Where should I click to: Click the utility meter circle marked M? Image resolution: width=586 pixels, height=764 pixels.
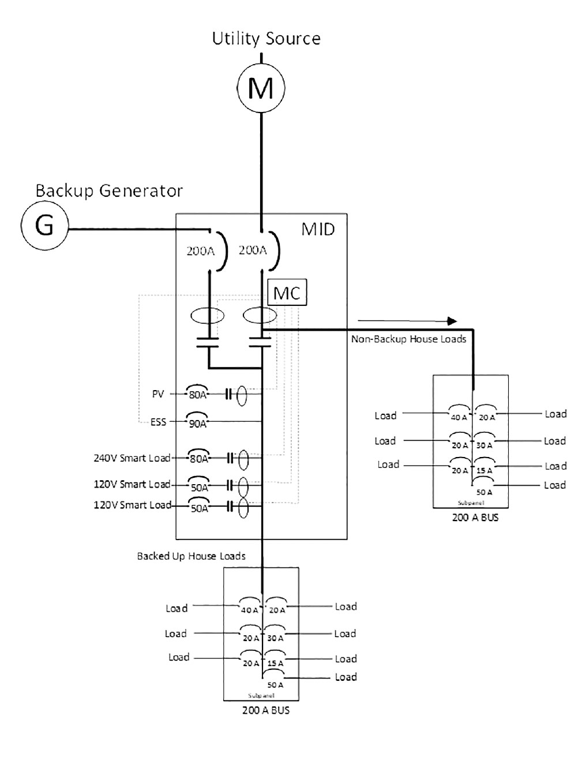[261, 88]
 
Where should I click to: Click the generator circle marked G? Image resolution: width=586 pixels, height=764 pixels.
[45, 225]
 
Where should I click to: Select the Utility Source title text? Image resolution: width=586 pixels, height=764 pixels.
[266, 39]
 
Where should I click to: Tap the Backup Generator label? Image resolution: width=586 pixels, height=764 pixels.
[109, 190]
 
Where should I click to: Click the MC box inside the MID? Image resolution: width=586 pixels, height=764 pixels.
[287, 293]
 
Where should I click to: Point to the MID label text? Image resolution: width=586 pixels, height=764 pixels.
[318, 229]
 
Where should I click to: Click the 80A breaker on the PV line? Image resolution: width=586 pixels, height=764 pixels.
[198, 394]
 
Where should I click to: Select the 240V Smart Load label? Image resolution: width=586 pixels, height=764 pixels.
[132, 458]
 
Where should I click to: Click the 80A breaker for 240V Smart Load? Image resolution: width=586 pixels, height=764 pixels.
[199, 458]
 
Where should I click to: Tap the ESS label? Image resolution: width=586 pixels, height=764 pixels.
[158, 422]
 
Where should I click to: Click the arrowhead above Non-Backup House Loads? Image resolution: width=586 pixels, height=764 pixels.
[453, 321]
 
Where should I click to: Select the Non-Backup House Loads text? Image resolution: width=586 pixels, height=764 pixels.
[408, 339]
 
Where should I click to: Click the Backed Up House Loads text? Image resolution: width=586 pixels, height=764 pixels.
[191, 556]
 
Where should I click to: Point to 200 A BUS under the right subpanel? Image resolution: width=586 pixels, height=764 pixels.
[475, 518]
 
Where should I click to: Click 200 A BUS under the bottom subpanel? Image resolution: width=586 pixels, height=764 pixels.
[265, 710]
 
